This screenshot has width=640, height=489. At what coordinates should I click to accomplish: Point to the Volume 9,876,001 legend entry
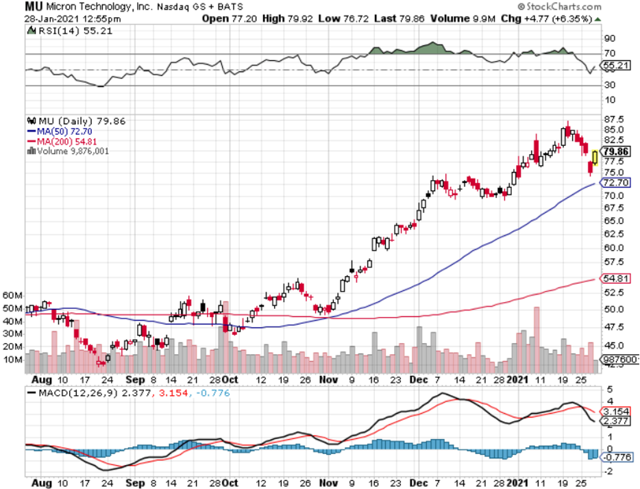[66, 151]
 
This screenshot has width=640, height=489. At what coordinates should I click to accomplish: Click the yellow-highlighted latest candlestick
[595, 158]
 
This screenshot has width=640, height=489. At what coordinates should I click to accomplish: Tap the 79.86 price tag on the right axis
[615, 151]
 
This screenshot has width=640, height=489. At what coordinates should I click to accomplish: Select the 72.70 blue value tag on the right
[614, 183]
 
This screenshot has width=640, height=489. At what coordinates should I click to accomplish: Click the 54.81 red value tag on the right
[614, 279]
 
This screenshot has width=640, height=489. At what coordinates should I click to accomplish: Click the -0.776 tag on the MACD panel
[614, 456]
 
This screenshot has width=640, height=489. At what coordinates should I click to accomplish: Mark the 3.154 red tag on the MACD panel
[614, 411]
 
